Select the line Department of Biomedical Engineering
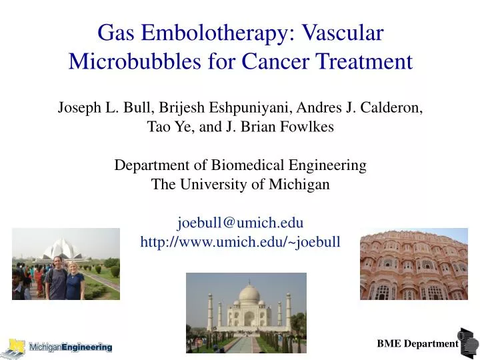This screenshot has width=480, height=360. pos(240,165)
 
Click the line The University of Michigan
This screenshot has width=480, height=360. pos(240,184)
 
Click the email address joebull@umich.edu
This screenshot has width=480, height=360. pos(240,222)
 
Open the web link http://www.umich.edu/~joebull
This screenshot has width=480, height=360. pos(240,241)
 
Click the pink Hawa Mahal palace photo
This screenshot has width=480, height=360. pos(413,263)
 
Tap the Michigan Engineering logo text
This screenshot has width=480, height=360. pos(70,347)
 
